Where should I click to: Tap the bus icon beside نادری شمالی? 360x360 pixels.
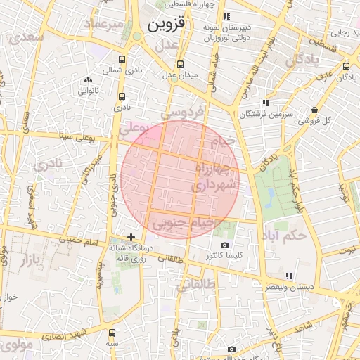(x=122, y=60)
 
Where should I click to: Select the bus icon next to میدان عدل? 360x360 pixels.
(x=180, y=63)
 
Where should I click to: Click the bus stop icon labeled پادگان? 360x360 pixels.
(x=346, y=66)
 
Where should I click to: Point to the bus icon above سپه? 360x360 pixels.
(x=112, y=331)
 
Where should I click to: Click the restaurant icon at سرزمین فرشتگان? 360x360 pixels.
(x=265, y=103)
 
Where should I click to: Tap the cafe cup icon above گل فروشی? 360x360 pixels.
(x=314, y=110)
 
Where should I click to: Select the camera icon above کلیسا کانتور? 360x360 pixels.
(x=224, y=244)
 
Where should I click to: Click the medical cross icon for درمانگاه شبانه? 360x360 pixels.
(x=131, y=237)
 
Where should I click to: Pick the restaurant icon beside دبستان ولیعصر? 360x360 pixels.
(x=289, y=276)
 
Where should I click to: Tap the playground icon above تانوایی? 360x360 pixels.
(x=88, y=79)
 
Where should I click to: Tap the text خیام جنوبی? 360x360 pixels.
(x=182, y=223)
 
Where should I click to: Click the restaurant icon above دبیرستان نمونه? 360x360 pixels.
(x=226, y=15)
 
